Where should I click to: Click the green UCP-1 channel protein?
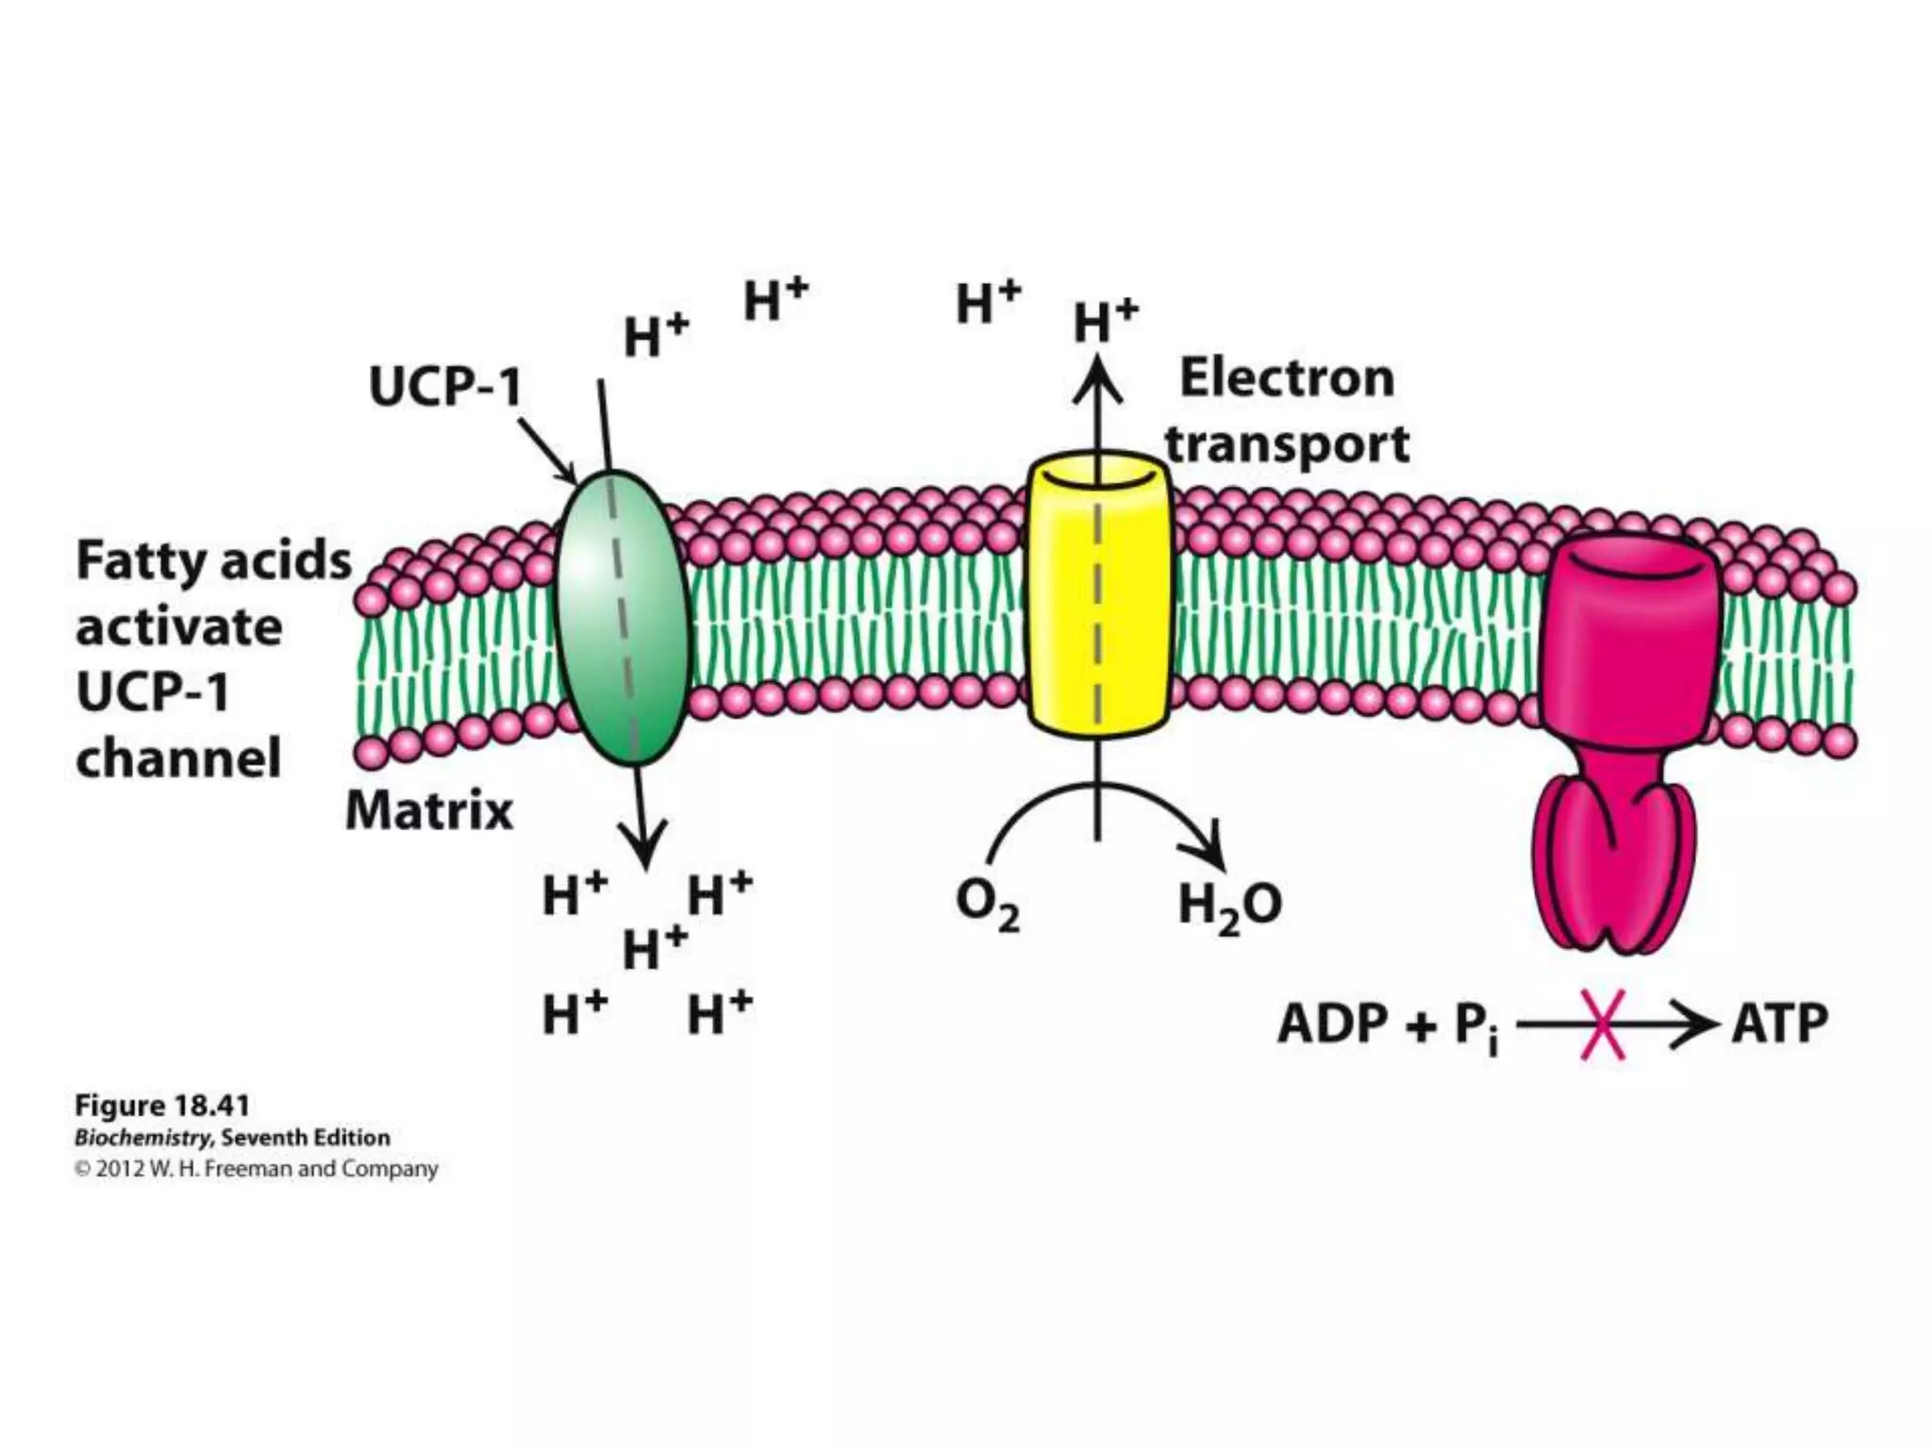[623, 618]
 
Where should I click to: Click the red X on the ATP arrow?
[1602, 1024]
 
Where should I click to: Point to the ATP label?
[1779, 1024]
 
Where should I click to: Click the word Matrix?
[429, 810]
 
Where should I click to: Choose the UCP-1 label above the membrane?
[445, 387]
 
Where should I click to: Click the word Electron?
[1287, 379]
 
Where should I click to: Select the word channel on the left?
[178, 758]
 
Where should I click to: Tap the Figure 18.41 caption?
[161, 1106]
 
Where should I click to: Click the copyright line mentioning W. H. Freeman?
[256, 1169]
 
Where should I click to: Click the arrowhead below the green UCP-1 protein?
[644, 844]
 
